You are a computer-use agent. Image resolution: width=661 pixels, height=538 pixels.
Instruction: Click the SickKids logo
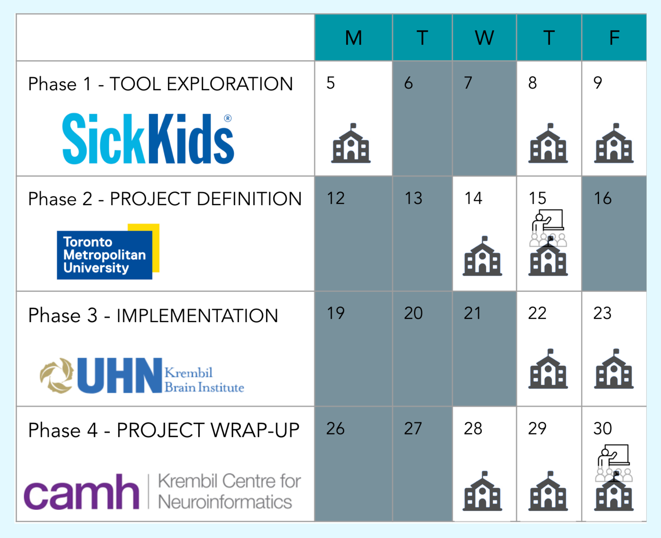tap(148, 138)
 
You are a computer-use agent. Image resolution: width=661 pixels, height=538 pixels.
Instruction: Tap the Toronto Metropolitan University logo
tap(108, 251)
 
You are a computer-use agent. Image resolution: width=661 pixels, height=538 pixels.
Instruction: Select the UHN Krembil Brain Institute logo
tap(142, 376)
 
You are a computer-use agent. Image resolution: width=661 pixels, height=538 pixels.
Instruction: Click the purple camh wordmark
tap(81, 492)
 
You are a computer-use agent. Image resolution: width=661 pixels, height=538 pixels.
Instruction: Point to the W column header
tap(484, 38)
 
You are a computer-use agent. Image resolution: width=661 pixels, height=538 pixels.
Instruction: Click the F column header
tap(614, 38)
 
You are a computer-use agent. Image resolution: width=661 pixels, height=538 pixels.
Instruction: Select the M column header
tap(354, 38)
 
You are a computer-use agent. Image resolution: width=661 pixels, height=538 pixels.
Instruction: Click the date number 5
tap(331, 83)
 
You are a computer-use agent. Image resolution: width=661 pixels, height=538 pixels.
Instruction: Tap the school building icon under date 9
tap(614, 143)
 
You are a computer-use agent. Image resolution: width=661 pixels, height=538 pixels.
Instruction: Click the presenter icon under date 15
tap(548, 228)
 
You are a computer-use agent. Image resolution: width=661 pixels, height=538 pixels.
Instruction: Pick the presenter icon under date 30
tap(614, 463)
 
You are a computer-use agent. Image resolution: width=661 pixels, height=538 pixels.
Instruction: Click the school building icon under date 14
tap(482, 256)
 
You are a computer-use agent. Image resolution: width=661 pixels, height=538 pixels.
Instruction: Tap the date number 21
tap(472, 313)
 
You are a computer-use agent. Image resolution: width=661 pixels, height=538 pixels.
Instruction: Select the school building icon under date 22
tap(548, 369)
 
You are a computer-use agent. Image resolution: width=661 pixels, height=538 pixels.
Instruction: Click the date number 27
tap(412, 429)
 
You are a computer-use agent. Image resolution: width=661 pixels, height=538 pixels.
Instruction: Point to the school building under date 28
tap(482, 491)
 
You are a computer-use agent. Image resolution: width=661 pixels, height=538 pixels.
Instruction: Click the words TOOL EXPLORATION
tap(201, 84)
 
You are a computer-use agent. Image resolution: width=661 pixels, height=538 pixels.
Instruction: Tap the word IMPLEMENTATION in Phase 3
tap(197, 316)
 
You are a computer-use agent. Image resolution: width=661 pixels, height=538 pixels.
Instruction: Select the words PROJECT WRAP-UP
tap(208, 430)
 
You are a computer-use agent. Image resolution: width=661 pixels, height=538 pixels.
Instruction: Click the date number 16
tap(603, 198)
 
